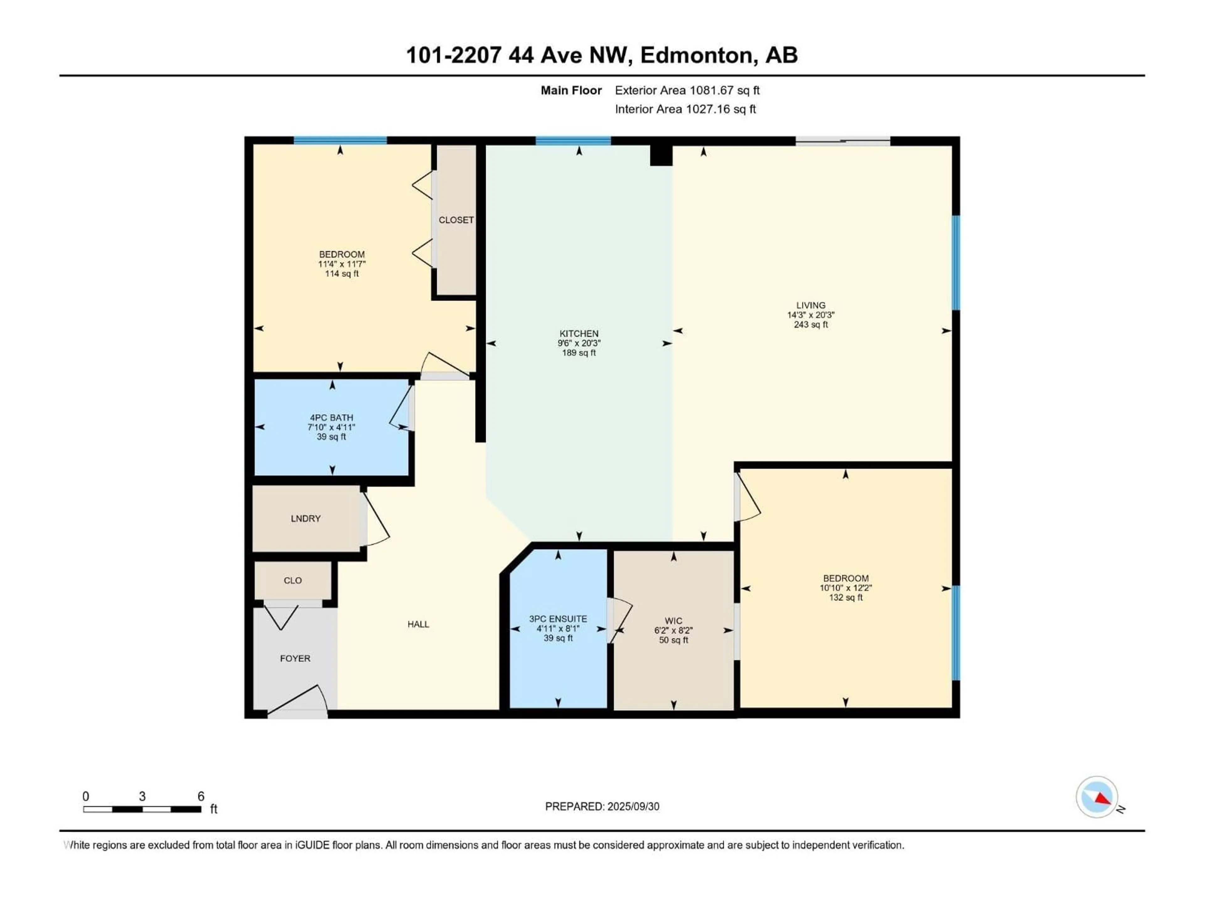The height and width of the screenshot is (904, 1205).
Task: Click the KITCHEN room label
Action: pyautogui.click(x=579, y=333)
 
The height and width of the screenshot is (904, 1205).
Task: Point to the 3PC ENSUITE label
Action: pyautogui.click(x=558, y=619)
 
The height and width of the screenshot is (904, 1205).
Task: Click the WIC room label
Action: pyautogui.click(x=673, y=621)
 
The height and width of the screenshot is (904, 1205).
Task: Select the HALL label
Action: pyautogui.click(x=418, y=624)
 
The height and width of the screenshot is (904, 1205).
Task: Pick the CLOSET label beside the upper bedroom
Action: pyautogui.click(x=456, y=220)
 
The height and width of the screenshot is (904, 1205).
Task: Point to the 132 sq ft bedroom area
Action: pyautogui.click(x=845, y=598)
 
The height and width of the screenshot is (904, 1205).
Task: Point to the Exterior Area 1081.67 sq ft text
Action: pyautogui.click(x=687, y=90)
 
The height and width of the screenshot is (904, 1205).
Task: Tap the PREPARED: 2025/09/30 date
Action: pyautogui.click(x=602, y=806)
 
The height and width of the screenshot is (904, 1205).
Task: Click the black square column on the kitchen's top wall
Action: pyautogui.click(x=661, y=155)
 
